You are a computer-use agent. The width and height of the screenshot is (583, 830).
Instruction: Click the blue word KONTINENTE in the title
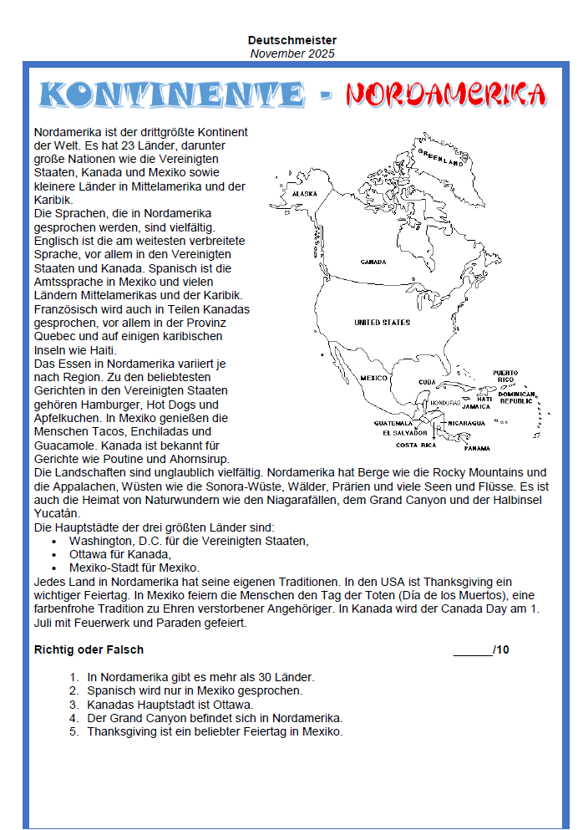click(x=171, y=94)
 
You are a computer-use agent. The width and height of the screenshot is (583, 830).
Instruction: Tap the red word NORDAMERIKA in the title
click(x=446, y=94)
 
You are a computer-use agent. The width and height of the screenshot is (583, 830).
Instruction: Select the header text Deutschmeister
click(x=292, y=40)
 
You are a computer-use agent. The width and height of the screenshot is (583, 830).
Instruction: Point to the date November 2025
click(x=292, y=53)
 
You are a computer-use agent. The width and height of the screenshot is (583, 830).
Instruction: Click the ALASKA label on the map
click(x=305, y=194)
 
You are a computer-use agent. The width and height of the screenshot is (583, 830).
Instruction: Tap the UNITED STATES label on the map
click(x=382, y=322)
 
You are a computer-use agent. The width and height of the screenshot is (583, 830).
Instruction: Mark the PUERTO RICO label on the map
click(x=505, y=376)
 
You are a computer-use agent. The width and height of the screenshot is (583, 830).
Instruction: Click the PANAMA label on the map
click(x=477, y=448)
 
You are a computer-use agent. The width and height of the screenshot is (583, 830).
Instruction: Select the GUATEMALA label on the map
click(x=393, y=423)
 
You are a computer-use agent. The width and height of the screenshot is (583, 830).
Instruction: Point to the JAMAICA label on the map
click(x=476, y=406)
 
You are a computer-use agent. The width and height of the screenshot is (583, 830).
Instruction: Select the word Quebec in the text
click(x=53, y=337)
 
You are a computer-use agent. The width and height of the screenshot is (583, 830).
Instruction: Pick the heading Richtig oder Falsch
click(x=89, y=649)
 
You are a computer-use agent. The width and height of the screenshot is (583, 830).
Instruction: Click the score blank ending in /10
click(x=481, y=649)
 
